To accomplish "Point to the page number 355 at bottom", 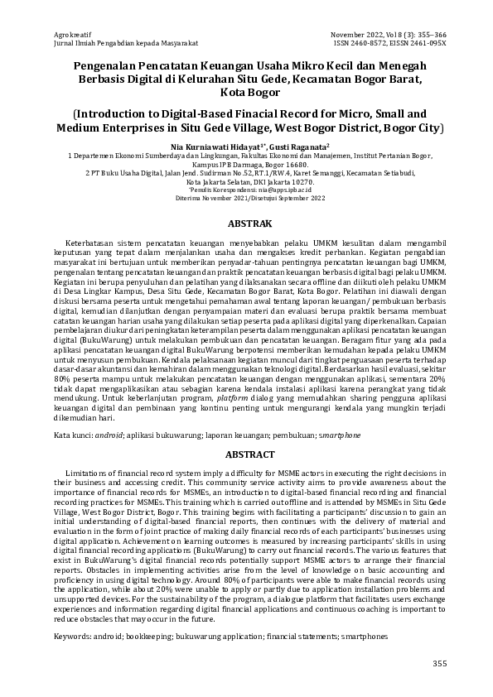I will click(439, 664).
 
